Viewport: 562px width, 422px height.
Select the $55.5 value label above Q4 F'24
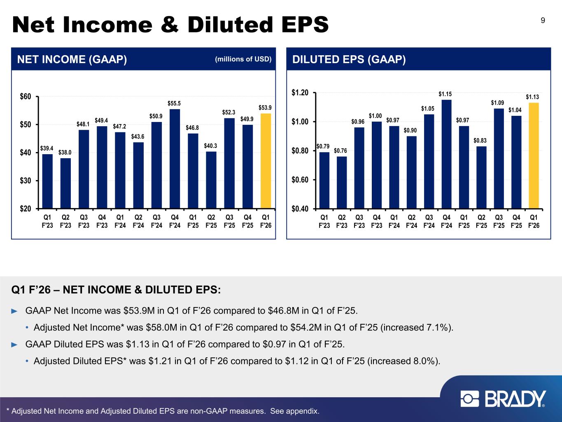[x=175, y=103]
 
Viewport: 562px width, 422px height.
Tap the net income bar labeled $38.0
[x=65, y=183]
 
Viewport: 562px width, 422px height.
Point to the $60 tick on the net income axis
[x=26, y=96]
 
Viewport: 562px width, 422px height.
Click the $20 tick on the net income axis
[x=26, y=209]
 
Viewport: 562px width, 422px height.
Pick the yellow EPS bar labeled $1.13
[x=534, y=155]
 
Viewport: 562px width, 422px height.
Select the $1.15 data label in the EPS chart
[x=446, y=94]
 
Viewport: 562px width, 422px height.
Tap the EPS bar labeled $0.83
[x=481, y=177]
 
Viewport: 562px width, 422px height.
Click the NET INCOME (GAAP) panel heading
[x=72, y=60]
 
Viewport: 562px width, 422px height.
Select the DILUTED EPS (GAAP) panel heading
[x=349, y=60]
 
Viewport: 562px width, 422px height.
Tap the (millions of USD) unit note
[x=243, y=59]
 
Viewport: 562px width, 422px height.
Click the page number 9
[x=543, y=21]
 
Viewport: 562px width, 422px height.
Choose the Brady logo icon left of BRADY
[x=470, y=399]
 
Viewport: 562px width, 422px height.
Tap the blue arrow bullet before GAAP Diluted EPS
[x=15, y=344]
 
